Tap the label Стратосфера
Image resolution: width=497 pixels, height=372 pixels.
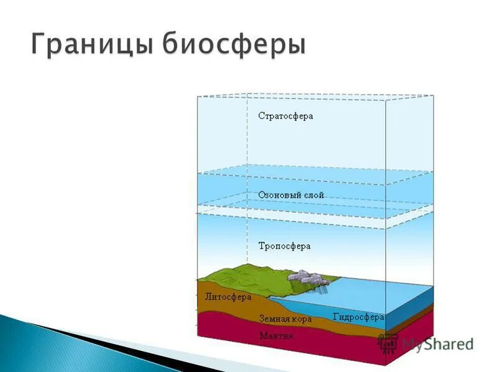(286, 116)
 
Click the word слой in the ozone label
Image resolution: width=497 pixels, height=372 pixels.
(314, 195)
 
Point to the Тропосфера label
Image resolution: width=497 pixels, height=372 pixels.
(284, 246)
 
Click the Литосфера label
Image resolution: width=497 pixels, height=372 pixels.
(228, 297)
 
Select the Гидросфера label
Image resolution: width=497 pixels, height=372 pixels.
(358, 317)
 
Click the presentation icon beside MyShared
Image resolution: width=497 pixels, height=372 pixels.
(388, 343)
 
